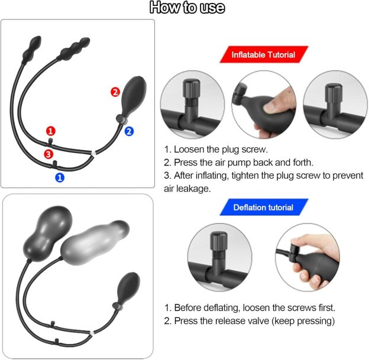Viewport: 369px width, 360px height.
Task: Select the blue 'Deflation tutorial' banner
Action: pos(263,207)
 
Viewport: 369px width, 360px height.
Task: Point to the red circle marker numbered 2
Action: pos(115,92)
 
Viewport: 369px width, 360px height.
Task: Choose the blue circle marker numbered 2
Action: pos(130,131)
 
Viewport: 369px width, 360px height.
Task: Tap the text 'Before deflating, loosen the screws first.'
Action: pos(250,307)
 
